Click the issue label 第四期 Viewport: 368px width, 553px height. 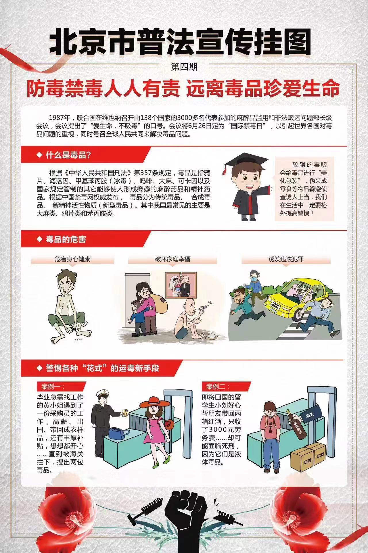(184, 67)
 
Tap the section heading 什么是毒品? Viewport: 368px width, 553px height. (68, 155)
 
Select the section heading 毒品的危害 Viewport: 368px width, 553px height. (66, 239)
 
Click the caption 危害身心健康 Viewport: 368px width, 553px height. (72, 259)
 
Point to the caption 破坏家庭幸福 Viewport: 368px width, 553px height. (172, 259)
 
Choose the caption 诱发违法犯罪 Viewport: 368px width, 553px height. (286, 259)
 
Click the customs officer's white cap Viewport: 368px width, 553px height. (102, 393)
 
